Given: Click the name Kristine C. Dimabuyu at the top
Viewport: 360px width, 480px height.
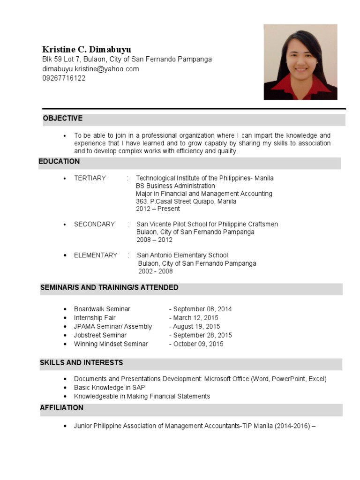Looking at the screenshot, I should tap(87, 49).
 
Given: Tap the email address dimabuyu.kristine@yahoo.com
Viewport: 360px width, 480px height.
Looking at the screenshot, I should tap(90, 69).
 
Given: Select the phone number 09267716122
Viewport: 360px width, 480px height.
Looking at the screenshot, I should tap(64, 78).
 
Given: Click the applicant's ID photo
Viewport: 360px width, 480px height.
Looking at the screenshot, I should tap(300, 62).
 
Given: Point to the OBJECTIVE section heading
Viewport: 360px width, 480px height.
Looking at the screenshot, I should tap(63, 119).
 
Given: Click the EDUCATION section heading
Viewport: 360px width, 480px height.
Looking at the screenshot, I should tap(59, 162).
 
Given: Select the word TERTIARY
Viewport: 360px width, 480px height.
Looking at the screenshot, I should tap(90, 178).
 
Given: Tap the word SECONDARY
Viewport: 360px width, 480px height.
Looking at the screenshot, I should tap(94, 224).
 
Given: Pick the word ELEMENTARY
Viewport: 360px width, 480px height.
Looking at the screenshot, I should tap(96, 255).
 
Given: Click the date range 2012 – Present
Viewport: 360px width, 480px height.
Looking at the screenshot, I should tap(158, 209).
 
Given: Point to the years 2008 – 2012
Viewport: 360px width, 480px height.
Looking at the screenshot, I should tap(154, 240).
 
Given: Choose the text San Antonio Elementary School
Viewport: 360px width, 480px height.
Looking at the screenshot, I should tap(182, 255).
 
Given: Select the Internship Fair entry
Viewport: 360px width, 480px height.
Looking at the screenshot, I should tap(95, 318).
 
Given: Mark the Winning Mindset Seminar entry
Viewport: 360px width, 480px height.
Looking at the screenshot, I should tap(111, 344).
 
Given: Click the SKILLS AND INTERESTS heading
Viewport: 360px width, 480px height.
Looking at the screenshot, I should tap(82, 363).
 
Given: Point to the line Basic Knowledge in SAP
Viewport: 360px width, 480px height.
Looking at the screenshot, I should tap(109, 388).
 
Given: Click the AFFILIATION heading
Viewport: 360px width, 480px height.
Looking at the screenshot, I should tap(62, 408).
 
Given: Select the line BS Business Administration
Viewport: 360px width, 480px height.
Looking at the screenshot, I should tap(176, 186).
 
